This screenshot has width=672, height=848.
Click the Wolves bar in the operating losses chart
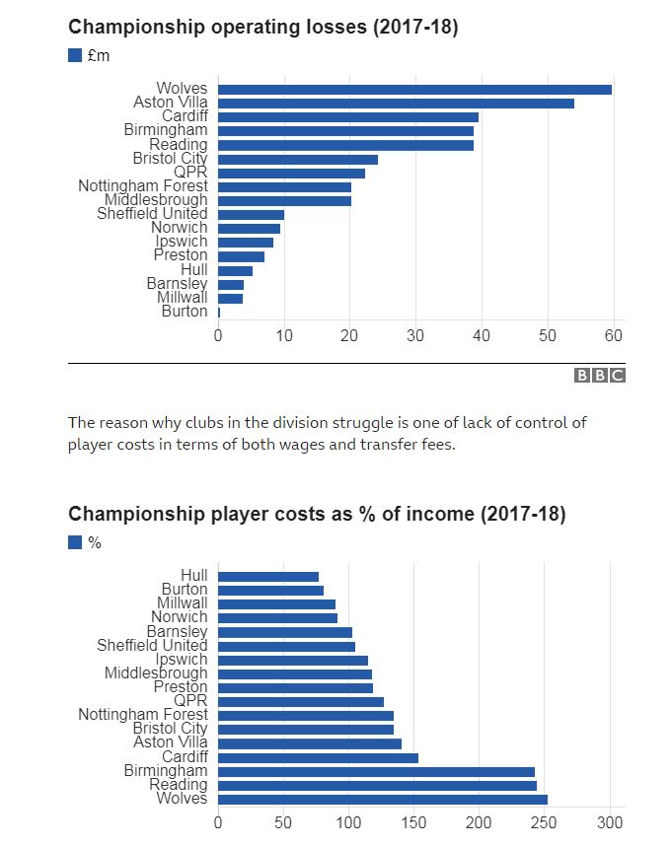point(414,90)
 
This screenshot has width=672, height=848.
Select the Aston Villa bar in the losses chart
point(396,104)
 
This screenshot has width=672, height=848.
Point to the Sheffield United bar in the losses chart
point(251,214)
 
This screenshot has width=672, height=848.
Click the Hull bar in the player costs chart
point(268,576)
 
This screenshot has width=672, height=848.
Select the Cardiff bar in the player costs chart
point(318,757)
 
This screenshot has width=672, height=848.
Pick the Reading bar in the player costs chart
point(377,785)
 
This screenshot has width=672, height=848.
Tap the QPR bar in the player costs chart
point(301,701)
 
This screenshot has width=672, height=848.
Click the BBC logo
point(600,376)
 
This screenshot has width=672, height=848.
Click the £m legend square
point(75,55)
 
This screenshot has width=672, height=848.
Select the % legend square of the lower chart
point(75,541)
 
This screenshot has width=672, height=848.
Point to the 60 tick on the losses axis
point(614,334)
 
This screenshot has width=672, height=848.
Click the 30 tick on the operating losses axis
point(415,334)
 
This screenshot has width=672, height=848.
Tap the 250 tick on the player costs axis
point(545,822)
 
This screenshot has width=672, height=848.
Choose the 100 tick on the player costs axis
point(348,822)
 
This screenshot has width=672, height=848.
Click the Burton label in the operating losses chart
point(185,312)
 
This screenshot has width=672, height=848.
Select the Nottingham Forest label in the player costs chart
point(143,715)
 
